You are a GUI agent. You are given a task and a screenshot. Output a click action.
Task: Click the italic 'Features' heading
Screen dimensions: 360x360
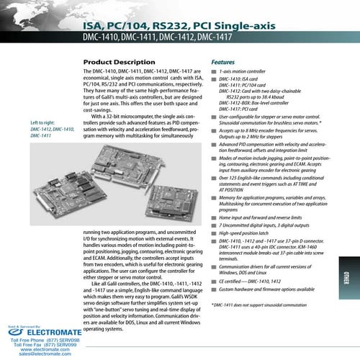pyautogui.click(x=222, y=63)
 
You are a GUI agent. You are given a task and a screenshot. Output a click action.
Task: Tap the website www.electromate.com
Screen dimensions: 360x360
pyautogui.click(x=45, y=348)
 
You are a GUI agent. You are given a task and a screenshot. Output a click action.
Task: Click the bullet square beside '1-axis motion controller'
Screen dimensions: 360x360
pyautogui.click(x=213, y=74)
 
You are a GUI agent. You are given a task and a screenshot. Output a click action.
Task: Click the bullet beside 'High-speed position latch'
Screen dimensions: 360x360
pyautogui.click(x=213, y=233)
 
